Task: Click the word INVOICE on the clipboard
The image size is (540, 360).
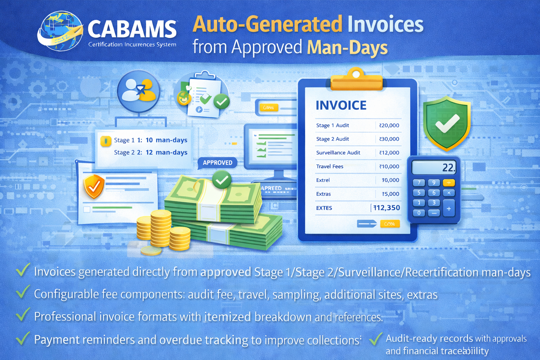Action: click(341, 105)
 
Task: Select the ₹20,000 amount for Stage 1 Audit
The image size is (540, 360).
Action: click(389, 126)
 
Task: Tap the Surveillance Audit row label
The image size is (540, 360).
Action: click(338, 153)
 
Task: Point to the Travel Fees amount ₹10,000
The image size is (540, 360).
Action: click(389, 166)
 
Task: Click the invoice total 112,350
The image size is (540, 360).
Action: click(386, 208)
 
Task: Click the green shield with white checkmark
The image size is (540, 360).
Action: click(446, 123)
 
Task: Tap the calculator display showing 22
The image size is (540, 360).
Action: click(434, 167)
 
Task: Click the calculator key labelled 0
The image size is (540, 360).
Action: click(419, 213)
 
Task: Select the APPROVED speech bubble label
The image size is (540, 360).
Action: click(217, 163)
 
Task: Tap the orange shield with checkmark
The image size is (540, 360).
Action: click(94, 186)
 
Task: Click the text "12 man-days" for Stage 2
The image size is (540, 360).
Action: click(166, 153)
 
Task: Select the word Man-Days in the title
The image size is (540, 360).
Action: click(347, 48)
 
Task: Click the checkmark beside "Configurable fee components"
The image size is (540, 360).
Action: click(22, 292)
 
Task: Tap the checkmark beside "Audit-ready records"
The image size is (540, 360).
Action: click(375, 339)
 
